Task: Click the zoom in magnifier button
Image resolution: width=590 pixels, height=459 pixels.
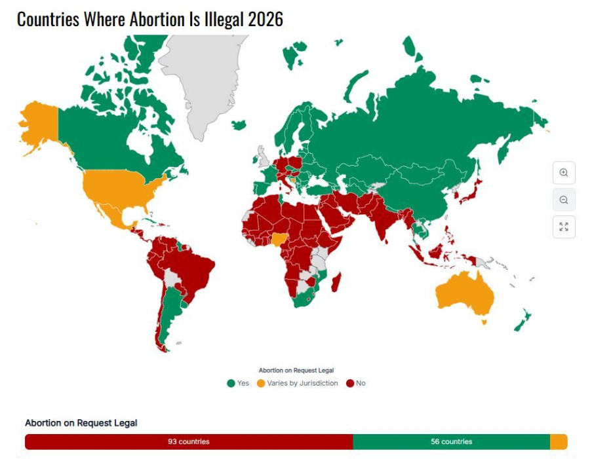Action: pos(563,173)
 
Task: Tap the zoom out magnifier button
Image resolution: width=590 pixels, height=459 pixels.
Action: pos(563,200)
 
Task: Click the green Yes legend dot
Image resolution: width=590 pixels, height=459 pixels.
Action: pos(231,383)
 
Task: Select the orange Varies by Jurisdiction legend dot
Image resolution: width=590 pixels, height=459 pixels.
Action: pos(260,383)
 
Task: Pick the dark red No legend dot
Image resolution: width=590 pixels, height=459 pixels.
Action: pos(350,383)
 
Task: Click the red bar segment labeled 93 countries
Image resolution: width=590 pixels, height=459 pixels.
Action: pos(188,442)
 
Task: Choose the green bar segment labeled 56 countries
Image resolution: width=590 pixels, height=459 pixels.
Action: pos(451,442)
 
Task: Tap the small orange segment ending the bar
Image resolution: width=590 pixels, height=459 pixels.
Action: pos(559,442)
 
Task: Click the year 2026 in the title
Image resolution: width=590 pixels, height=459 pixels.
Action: pos(265,20)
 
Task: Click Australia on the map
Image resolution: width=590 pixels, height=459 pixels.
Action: pos(465,295)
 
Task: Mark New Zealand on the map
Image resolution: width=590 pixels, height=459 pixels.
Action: pos(522,321)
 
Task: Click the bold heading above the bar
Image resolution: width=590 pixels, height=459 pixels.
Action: pos(81,423)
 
